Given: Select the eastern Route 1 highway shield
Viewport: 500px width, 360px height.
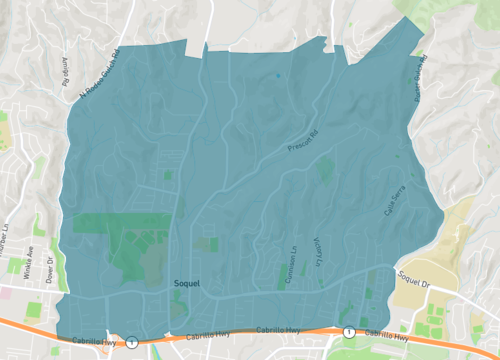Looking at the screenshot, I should (348, 331).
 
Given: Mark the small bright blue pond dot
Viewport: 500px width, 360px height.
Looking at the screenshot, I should (278, 74).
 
